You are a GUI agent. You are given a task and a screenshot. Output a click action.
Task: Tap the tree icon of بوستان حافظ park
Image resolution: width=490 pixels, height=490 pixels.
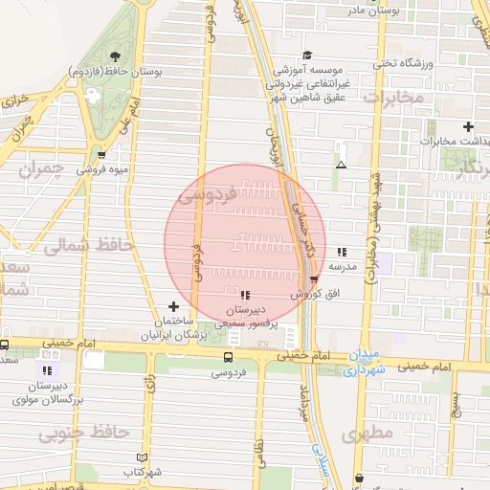coord(115,56)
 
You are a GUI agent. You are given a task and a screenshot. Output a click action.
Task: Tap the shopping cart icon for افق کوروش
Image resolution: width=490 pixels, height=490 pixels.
coord(314,279)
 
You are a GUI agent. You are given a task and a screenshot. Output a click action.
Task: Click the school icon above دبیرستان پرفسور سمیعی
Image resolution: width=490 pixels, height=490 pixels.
coord(246,296)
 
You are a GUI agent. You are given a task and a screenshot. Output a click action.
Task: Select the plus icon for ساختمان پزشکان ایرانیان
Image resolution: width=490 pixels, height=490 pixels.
coord(172,305)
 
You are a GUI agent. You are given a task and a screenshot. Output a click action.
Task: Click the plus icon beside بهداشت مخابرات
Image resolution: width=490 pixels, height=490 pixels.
coord(468,126)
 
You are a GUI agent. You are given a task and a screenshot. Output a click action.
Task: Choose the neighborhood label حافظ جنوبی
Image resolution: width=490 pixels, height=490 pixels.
coord(82,434)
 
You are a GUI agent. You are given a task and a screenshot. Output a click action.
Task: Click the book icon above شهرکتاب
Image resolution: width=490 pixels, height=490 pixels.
coord(143,457)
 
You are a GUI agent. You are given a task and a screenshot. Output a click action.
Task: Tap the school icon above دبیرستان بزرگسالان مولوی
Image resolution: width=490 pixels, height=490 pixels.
coord(47,370)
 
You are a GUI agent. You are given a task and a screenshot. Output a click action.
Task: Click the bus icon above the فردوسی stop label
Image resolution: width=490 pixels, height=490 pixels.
coord(227,356)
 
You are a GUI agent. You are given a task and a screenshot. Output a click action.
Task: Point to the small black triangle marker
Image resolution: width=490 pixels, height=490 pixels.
coord(341,165)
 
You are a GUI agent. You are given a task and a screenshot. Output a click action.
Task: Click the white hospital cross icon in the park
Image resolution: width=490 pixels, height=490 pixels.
coord(93,97)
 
